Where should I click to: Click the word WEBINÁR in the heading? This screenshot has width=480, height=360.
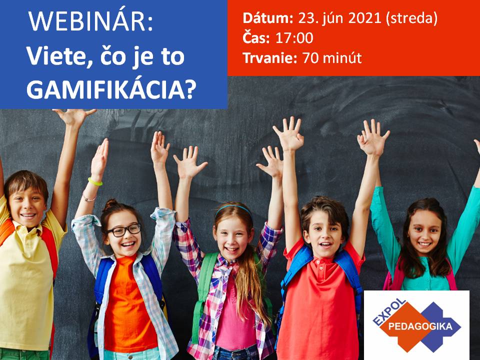(90, 21)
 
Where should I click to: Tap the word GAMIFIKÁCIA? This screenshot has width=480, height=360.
(111, 89)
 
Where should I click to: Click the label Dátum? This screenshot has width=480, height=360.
(268, 18)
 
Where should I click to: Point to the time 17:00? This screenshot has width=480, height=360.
(294, 38)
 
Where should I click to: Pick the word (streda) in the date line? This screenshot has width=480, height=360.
(411, 18)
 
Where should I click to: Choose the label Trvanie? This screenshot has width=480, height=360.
(270, 58)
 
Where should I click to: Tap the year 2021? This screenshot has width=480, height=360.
(364, 18)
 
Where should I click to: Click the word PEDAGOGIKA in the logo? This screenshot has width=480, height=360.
(420, 326)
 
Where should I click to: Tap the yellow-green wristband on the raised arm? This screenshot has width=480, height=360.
(95, 182)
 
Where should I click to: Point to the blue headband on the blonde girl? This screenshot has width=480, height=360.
(233, 208)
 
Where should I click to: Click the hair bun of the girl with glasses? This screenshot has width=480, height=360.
(111, 204)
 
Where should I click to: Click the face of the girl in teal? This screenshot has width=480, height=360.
(424, 233)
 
